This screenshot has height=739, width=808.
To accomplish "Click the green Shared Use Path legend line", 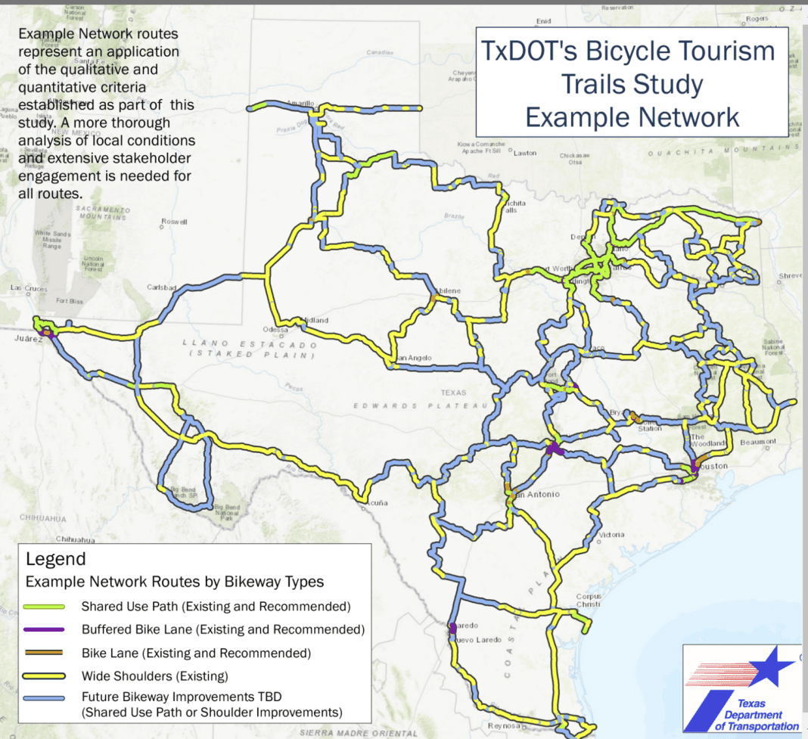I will pyautogui.click(x=44, y=607).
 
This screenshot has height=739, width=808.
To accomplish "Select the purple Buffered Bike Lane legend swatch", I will pyautogui.click(x=44, y=629).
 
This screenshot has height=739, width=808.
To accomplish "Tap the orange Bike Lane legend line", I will pyautogui.click(x=44, y=653).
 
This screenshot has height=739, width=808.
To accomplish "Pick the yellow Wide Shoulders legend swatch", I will pyautogui.click(x=44, y=676).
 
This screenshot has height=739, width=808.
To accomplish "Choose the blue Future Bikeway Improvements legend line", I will pyautogui.click(x=44, y=699).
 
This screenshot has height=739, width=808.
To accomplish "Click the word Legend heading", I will pyautogui.click(x=56, y=560).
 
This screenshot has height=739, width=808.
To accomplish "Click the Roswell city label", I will pyautogui.click(x=173, y=222).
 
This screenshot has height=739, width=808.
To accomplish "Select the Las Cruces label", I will pyautogui.click(x=27, y=288).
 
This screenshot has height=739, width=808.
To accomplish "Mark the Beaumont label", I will pyautogui.click(x=758, y=442).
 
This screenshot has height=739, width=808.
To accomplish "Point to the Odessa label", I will pyautogui.click(x=275, y=329).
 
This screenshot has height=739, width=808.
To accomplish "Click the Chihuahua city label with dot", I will pyautogui.click(x=74, y=540).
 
